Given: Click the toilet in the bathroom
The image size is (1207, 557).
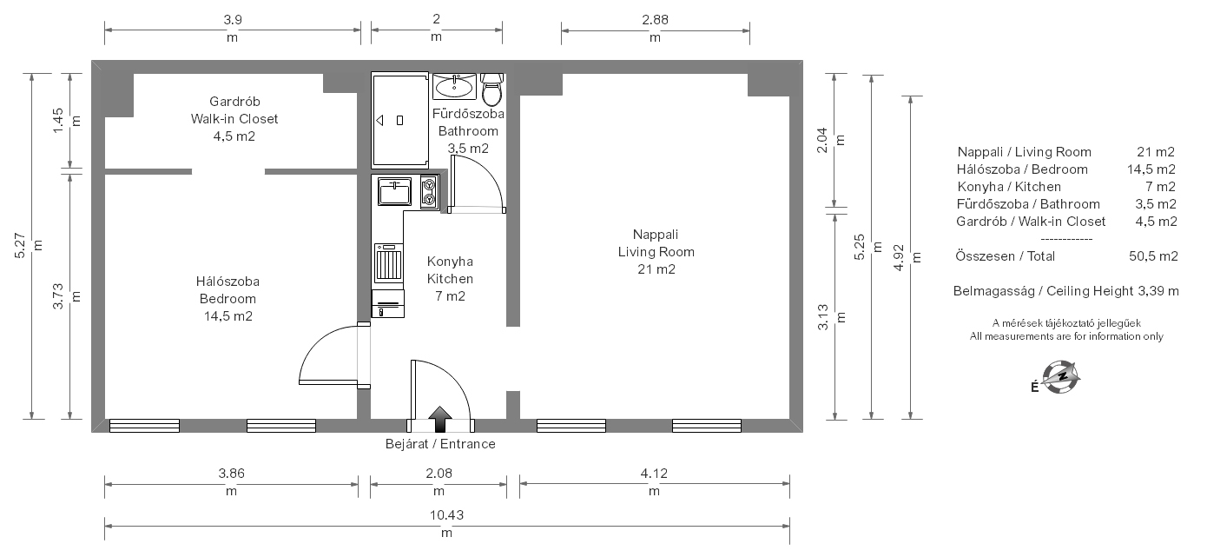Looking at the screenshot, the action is pos(491,90).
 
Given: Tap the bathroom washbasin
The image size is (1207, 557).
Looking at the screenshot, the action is pos(454,86).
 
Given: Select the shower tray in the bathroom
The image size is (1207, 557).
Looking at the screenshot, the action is pos(399,120).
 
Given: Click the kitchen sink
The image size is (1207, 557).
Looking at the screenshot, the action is pos(394,191).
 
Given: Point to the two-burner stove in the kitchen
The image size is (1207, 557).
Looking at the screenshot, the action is pos(430,192).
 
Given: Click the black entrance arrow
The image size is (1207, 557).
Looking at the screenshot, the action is pos(440,419).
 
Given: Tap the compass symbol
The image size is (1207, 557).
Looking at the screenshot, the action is pos(1060,377).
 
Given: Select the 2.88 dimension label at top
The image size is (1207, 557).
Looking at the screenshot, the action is pos(655,20).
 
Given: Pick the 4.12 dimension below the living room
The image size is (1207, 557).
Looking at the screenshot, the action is pos(654,474).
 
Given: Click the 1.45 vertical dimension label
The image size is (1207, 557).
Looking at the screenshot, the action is pos(58,120).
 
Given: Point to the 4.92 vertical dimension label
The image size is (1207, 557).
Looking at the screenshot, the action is pos(899,258).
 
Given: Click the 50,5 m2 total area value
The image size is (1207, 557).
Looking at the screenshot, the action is pos(1154,256).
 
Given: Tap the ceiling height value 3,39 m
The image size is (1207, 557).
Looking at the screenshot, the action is pos(1158,291).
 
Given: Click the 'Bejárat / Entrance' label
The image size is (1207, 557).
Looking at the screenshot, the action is pos(440,444).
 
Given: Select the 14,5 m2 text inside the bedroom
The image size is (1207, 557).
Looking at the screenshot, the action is pos(228,316).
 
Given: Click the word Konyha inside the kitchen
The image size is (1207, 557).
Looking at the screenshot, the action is pos(450,262).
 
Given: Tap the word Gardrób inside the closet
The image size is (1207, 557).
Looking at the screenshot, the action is pos(234,102).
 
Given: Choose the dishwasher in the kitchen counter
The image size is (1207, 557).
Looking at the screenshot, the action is pos(388,263).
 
